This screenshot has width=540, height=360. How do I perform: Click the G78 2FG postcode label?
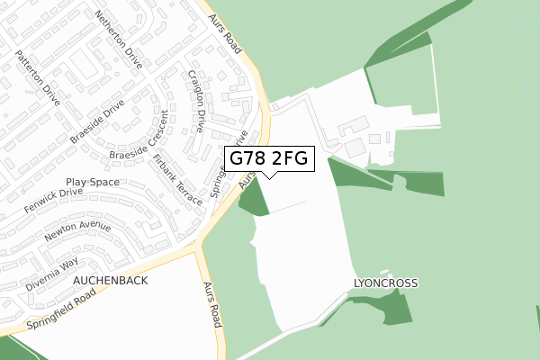(x=269, y=159)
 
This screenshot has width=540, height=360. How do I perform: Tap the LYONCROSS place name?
(x=384, y=283)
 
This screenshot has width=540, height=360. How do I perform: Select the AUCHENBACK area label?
(x=110, y=281)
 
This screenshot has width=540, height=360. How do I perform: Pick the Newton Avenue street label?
(x=83, y=236)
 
